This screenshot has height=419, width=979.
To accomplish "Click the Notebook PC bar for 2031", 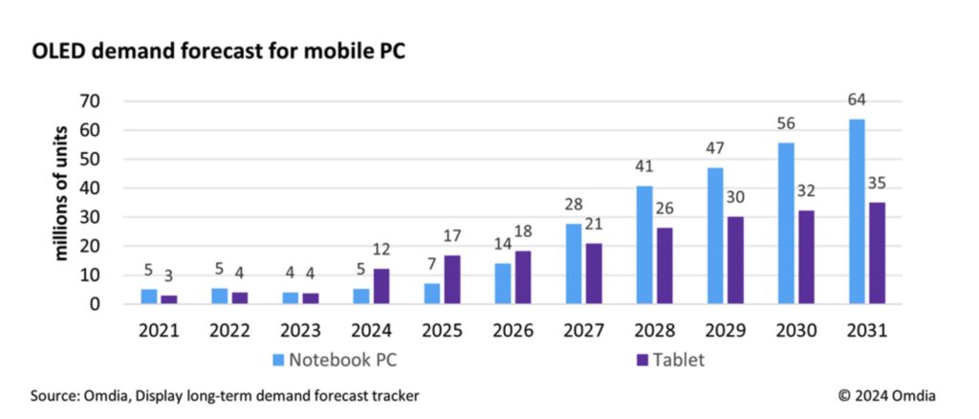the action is point(857,211).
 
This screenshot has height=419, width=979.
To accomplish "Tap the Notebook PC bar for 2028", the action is point(644,245).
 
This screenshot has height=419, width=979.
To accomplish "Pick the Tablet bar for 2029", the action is point(735,260).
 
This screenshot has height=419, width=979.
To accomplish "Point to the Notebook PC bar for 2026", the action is point(503,283).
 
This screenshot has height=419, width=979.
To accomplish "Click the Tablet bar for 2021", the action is point(168,299).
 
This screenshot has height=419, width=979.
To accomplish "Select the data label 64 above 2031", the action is point(857,99).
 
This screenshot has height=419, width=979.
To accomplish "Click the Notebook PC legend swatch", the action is point(278,361).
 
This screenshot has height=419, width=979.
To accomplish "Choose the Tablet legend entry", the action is point(670,361).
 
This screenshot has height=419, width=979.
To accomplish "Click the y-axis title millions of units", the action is point(61,193).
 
